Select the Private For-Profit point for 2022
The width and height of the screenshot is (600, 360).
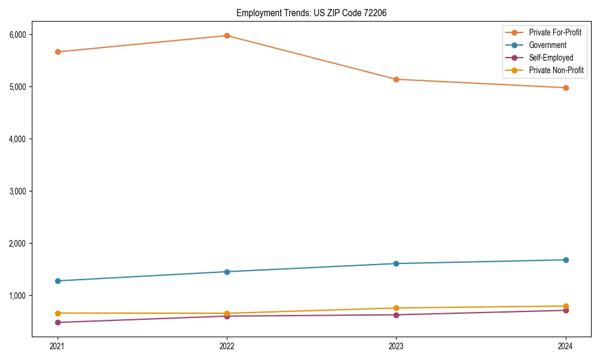[x=227, y=35]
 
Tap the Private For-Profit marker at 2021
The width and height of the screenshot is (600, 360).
[x=58, y=52]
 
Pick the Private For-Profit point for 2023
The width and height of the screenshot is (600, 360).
[x=396, y=79]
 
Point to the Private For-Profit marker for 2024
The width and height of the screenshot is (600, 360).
[x=566, y=88]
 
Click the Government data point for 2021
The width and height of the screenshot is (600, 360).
[x=58, y=281]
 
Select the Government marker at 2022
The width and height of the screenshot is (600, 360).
[x=227, y=272]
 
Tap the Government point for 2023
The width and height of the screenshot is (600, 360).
[x=396, y=263]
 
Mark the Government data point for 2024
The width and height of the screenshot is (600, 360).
[x=566, y=260]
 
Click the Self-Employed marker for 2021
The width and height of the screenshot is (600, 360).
[x=58, y=322]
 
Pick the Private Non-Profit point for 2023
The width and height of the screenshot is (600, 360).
[x=396, y=308]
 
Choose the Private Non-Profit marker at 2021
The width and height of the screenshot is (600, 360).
[x=58, y=313]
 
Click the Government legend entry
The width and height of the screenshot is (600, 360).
[x=547, y=45]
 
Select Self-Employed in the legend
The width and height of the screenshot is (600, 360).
[x=551, y=58]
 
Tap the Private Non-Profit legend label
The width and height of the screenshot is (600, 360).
[x=556, y=70]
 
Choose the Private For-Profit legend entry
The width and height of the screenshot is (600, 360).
[x=555, y=32]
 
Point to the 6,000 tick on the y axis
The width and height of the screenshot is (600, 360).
[x=17, y=34]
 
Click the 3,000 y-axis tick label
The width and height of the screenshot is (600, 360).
[x=17, y=191]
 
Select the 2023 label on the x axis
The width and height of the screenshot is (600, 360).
[x=396, y=346]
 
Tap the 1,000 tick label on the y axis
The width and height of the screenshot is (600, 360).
[x=17, y=295]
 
